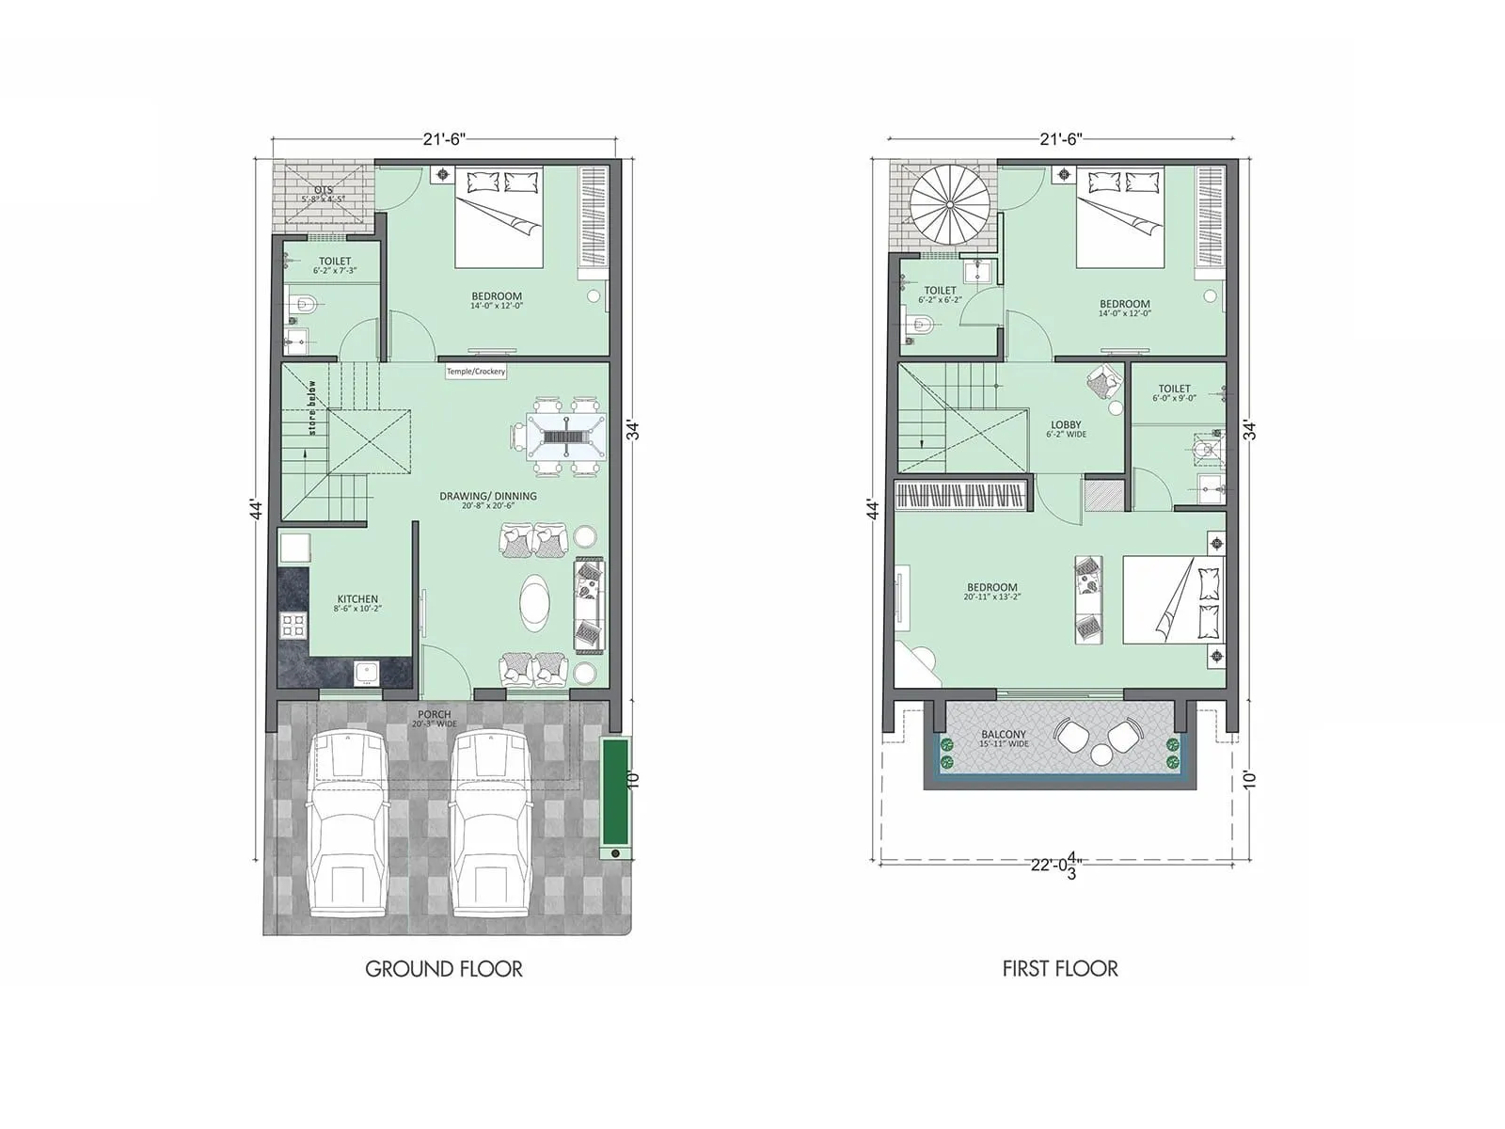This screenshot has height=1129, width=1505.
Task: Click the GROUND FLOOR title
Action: click(443, 969)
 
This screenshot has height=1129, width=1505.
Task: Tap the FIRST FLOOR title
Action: click(1060, 969)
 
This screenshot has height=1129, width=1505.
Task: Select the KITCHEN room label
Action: click(357, 599)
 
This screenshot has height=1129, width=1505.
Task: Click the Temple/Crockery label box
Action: click(476, 372)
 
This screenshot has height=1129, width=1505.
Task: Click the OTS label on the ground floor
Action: click(323, 191)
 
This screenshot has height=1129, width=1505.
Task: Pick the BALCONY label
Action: click(1004, 735)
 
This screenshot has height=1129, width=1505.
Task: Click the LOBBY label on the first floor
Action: click(1066, 425)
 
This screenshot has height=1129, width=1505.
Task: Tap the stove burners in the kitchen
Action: click(294, 625)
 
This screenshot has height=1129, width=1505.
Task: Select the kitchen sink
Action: click(365, 672)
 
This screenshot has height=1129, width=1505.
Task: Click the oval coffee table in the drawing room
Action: click(538, 602)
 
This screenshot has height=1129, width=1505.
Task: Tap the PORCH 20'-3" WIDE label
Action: click(435, 719)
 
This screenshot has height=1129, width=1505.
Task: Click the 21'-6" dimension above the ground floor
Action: click(443, 138)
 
